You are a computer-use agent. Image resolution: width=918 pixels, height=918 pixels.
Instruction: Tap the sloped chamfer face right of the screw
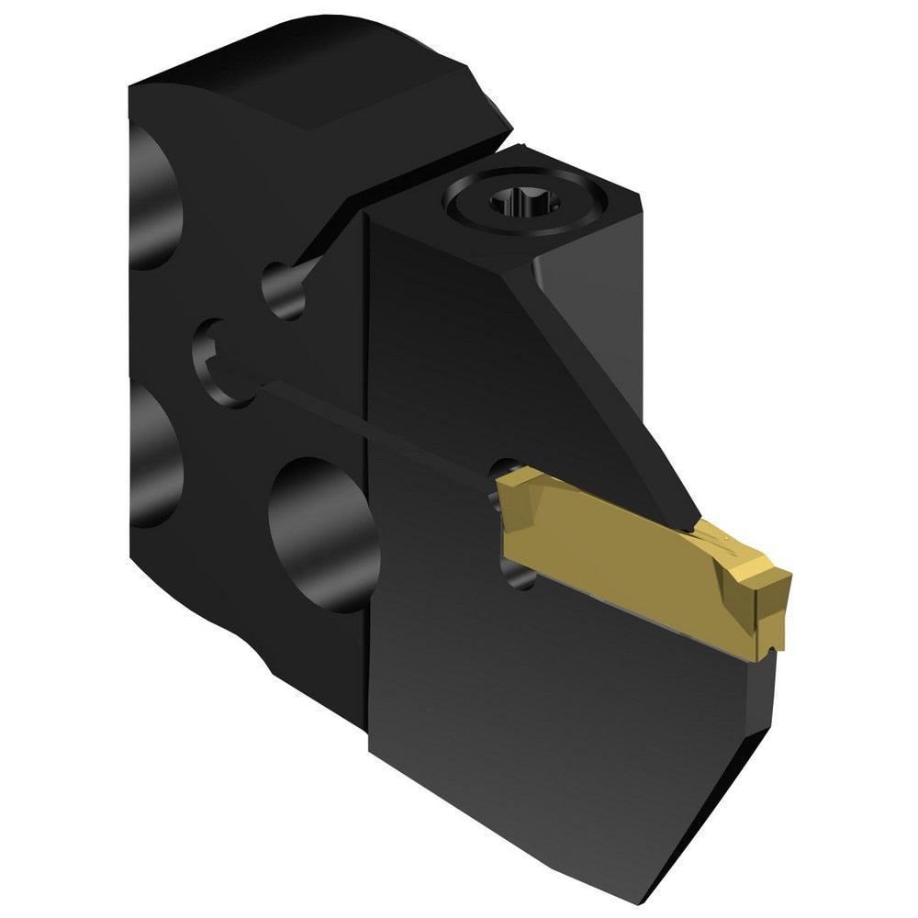coord(588,266)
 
